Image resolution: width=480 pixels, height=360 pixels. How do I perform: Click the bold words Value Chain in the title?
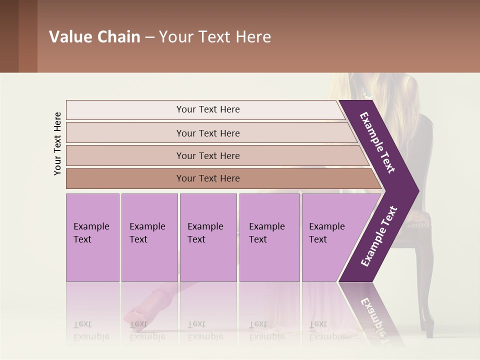click(94, 37)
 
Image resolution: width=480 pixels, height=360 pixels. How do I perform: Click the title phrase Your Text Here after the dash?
click(215, 37)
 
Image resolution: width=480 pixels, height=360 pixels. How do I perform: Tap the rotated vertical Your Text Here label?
click(57, 143)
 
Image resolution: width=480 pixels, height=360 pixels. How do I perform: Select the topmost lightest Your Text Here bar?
click(208, 109)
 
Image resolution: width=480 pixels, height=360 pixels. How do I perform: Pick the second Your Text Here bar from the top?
click(208, 133)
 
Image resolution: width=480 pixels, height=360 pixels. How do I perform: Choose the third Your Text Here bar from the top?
click(208, 155)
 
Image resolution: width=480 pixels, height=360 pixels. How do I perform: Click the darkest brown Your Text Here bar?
click(208, 178)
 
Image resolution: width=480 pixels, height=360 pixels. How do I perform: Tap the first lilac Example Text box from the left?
click(92, 237)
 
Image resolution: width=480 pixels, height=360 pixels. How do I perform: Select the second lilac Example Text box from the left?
click(149, 237)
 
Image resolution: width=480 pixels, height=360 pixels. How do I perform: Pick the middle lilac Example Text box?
click(208, 237)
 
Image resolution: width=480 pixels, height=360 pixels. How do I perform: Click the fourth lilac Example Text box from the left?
click(269, 237)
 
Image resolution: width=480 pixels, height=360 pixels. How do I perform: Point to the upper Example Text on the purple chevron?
click(377, 142)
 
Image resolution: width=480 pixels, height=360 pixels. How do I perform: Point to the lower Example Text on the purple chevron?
click(379, 236)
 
